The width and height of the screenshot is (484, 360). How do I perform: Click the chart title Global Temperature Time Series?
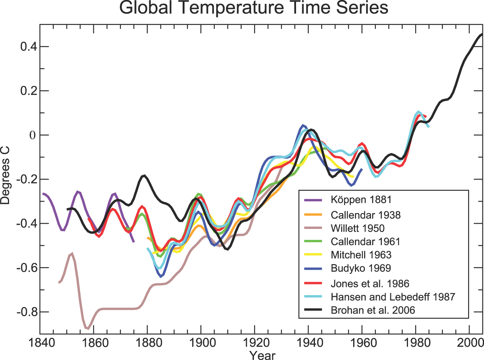[x=254, y=8]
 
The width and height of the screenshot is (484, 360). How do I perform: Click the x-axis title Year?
[x=262, y=355]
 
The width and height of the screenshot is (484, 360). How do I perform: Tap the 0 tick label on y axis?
[x=32, y=135]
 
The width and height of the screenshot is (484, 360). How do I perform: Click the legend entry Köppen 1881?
[x=361, y=200]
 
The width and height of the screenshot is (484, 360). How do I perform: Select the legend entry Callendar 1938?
[x=365, y=215]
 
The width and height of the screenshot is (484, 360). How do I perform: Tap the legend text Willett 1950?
[x=357, y=228]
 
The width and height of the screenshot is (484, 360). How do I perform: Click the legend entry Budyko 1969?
[x=360, y=268]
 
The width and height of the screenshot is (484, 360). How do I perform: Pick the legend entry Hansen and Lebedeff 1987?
[x=392, y=297]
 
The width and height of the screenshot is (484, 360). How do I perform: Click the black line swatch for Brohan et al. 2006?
[x=313, y=310]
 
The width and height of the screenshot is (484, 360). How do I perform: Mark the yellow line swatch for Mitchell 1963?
[x=313, y=255]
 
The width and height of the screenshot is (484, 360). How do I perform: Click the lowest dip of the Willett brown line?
[x=88, y=328]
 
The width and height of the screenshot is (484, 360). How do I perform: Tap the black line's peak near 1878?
[x=144, y=176]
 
